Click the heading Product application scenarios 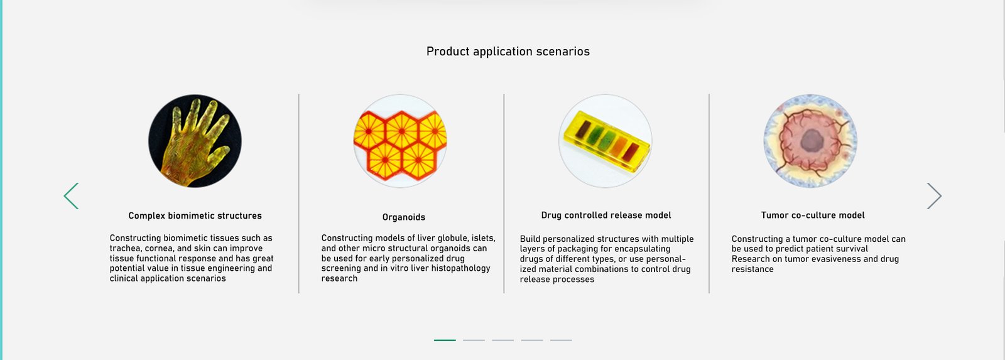click(508, 52)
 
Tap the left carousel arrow click(71, 196)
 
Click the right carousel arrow click(935, 196)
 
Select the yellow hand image click(195, 141)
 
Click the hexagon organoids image click(400, 141)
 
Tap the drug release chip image click(606, 141)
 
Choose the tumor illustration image click(810, 141)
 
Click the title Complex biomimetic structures click(195, 216)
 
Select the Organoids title click(404, 217)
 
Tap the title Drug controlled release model click(606, 215)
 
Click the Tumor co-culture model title click(813, 215)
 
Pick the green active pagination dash click(445, 341)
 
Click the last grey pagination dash click(561, 341)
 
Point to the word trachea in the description click(125, 248)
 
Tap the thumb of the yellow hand click(219, 155)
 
